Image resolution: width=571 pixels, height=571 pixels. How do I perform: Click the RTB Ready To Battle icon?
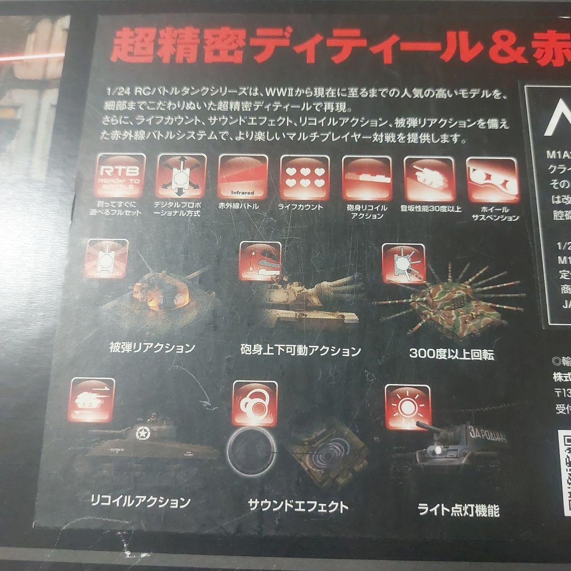coord(121,176)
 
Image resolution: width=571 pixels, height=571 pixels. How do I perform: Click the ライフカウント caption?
coord(300,207)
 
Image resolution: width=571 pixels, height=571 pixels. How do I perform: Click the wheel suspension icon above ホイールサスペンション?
coord(493,180)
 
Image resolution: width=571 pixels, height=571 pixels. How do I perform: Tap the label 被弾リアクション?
coord(152,348)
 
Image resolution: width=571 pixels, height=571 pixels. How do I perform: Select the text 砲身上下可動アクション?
coord(300,351)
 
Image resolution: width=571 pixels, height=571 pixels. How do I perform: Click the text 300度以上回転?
coord(452,355)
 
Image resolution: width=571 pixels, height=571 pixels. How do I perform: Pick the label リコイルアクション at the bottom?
coord(140,501)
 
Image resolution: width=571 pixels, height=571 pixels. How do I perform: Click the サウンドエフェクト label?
coord(298,506)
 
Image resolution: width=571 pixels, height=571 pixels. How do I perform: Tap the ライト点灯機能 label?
coord(458,510)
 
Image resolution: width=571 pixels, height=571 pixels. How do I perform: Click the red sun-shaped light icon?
coord(407,407)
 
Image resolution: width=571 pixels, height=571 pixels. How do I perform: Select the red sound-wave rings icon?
coord(255,403)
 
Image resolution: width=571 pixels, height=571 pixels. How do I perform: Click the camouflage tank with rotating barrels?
coord(449,309)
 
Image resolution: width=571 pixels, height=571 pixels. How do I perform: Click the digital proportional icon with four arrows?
coord(181,177)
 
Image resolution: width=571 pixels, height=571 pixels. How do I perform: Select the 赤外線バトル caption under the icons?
coord(238,206)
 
